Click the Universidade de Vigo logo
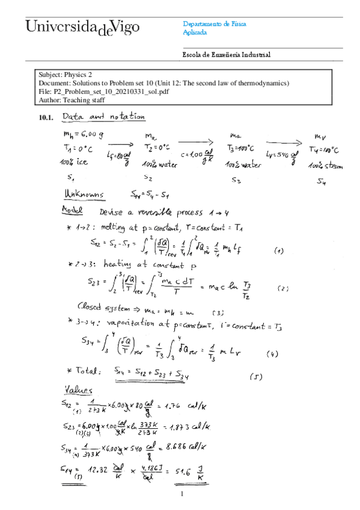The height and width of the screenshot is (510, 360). [82, 27]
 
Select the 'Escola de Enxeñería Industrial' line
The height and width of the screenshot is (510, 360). [226, 55]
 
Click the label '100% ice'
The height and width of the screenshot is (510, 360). [75, 163]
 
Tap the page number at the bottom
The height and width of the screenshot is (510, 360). [180, 495]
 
